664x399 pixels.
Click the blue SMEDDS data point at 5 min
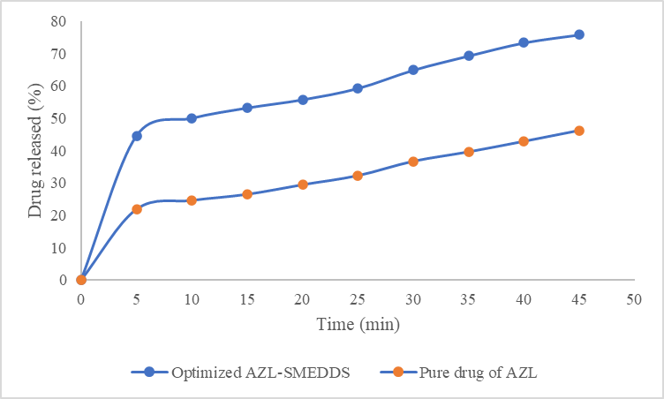point(137,136)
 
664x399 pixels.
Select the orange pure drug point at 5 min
point(137,209)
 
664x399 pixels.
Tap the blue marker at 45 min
point(579,34)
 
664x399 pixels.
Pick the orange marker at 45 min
point(579,131)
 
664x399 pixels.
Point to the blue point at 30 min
point(413,70)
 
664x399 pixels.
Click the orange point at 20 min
point(303,184)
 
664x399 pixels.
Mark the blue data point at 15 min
point(247,108)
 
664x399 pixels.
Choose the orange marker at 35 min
point(469,152)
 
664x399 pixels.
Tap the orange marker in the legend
point(398,373)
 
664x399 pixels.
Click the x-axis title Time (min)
point(358,325)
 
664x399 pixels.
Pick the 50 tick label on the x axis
point(634,299)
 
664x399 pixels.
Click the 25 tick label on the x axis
point(358,299)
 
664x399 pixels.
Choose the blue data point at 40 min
point(524,42)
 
